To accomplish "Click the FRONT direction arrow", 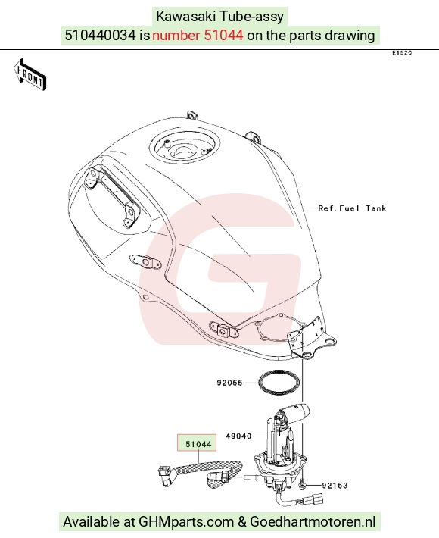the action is coord(30,74).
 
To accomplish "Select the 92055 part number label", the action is coord(229,383).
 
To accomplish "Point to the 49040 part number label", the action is coord(238,436).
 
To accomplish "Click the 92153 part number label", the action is coord(335,486).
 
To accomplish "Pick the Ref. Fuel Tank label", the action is coord(352,208).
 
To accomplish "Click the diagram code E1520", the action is coord(402,53).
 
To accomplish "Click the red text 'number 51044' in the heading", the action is coord(198,35).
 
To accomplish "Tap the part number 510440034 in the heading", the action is coord(100,35).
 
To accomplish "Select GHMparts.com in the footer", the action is coord(186,522).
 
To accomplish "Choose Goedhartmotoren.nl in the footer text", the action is coord(313,522).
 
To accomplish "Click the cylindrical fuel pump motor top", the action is coord(294,411).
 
